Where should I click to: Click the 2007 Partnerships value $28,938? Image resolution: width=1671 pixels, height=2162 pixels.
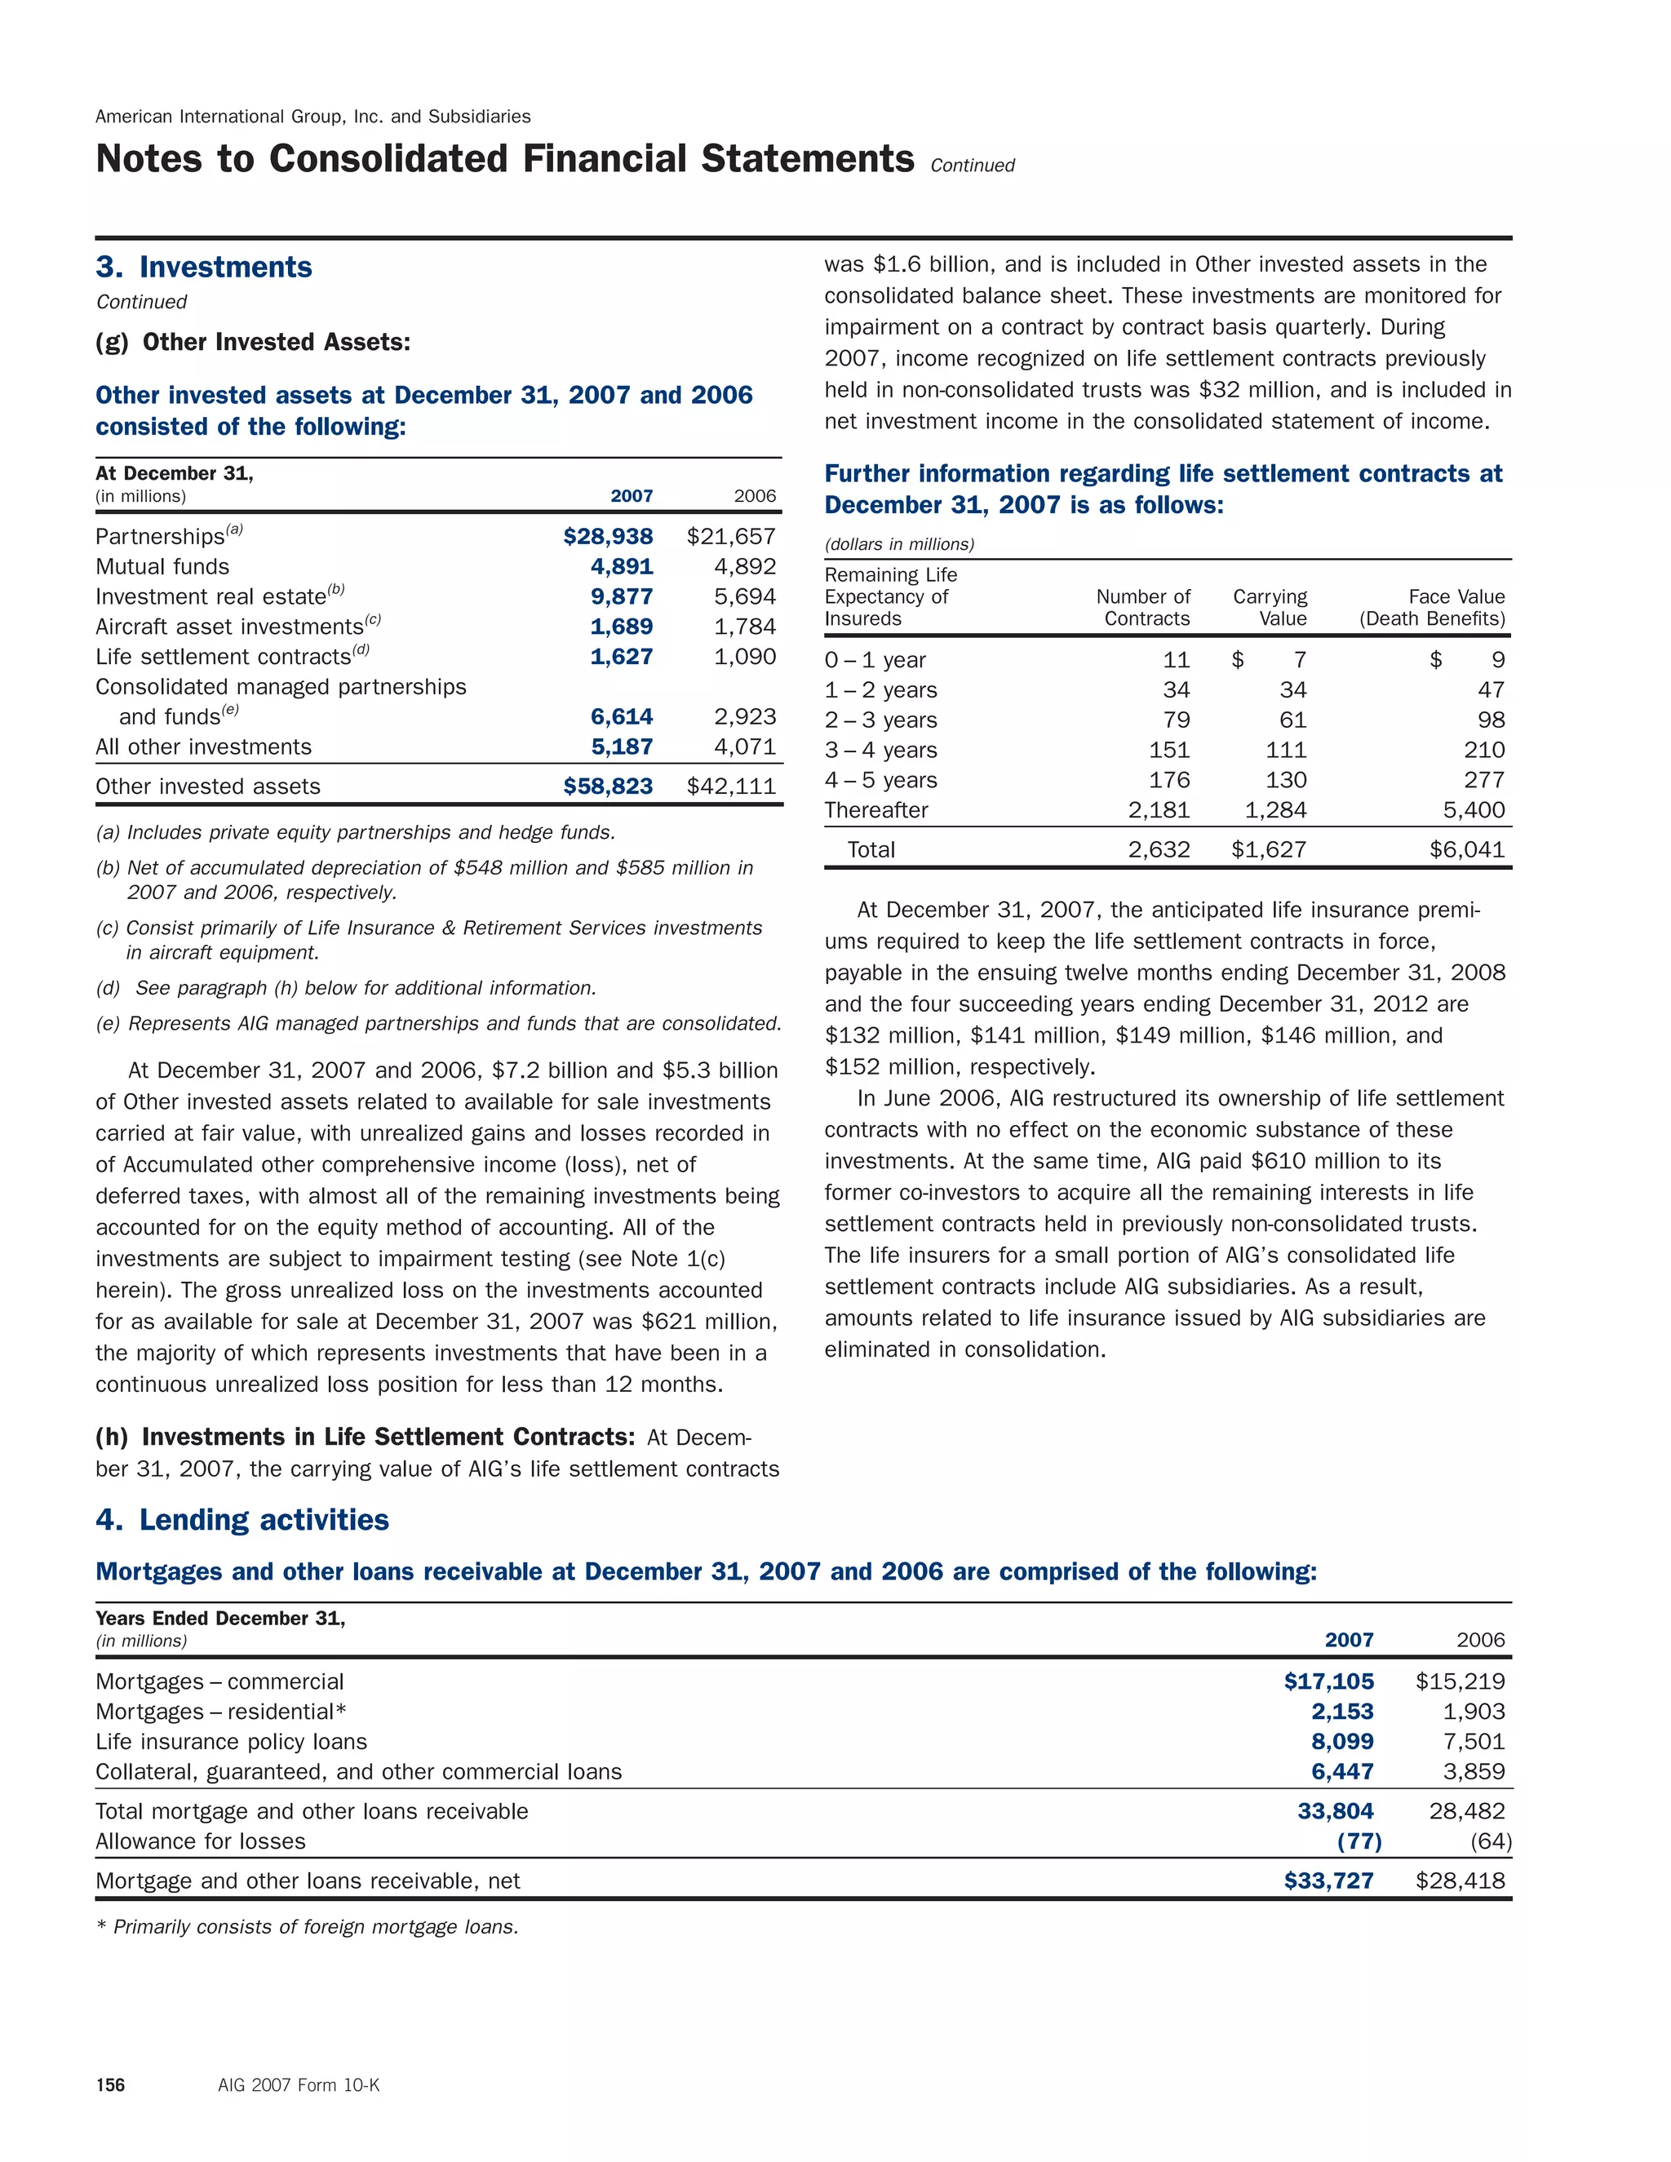pyautogui.click(x=607, y=537)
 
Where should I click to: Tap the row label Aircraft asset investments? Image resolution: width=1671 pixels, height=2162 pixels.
pyautogui.click(x=229, y=627)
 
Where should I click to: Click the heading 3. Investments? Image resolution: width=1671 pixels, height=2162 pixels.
pyautogui.click(x=204, y=268)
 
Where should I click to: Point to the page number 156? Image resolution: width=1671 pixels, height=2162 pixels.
pyautogui.click(x=110, y=2084)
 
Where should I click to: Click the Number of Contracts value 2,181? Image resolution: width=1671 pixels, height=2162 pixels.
pyautogui.click(x=1159, y=810)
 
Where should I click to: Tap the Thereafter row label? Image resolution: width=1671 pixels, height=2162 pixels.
pyautogui.click(x=876, y=810)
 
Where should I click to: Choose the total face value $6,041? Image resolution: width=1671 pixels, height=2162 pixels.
pyautogui.click(x=1466, y=849)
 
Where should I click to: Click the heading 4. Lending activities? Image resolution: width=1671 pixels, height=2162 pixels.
pyautogui.click(x=242, y=1520)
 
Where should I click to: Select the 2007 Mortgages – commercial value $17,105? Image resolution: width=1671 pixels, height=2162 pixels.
pyautogui.click(x=1327, y=1681)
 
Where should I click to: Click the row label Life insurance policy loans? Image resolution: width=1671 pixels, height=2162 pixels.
pyautogui.click(x=231, y=1741)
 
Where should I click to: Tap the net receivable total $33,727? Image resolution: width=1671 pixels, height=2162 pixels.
pyautogui.click(x=1327, y=1881)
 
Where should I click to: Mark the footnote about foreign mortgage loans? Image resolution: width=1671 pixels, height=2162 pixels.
pyautogui.click(x=307, y=1926)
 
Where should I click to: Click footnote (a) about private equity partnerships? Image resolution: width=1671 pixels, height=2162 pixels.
pyautogui.click(x=356, y=832)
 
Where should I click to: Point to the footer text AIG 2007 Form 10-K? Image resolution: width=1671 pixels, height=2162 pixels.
pyautogui.click(x=298, y=2084)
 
